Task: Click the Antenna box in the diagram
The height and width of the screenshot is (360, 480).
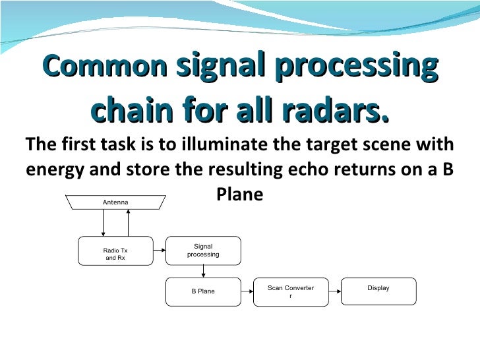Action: coord(115,201)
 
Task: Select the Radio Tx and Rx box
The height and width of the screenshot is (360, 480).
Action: coord(115,253)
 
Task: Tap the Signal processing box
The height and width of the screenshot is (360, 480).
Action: coord(202,251)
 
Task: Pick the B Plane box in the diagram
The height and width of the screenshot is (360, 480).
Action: coord(202,291)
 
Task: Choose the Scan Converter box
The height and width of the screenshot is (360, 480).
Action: coord(291,291)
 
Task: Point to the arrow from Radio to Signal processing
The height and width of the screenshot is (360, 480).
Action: coord(158,251)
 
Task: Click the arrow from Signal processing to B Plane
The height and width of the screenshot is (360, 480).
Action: coord(202,271)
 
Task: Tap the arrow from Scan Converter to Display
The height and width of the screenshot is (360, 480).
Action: coord(334,291)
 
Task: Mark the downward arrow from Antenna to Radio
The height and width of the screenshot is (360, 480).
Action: coord(104,224)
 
